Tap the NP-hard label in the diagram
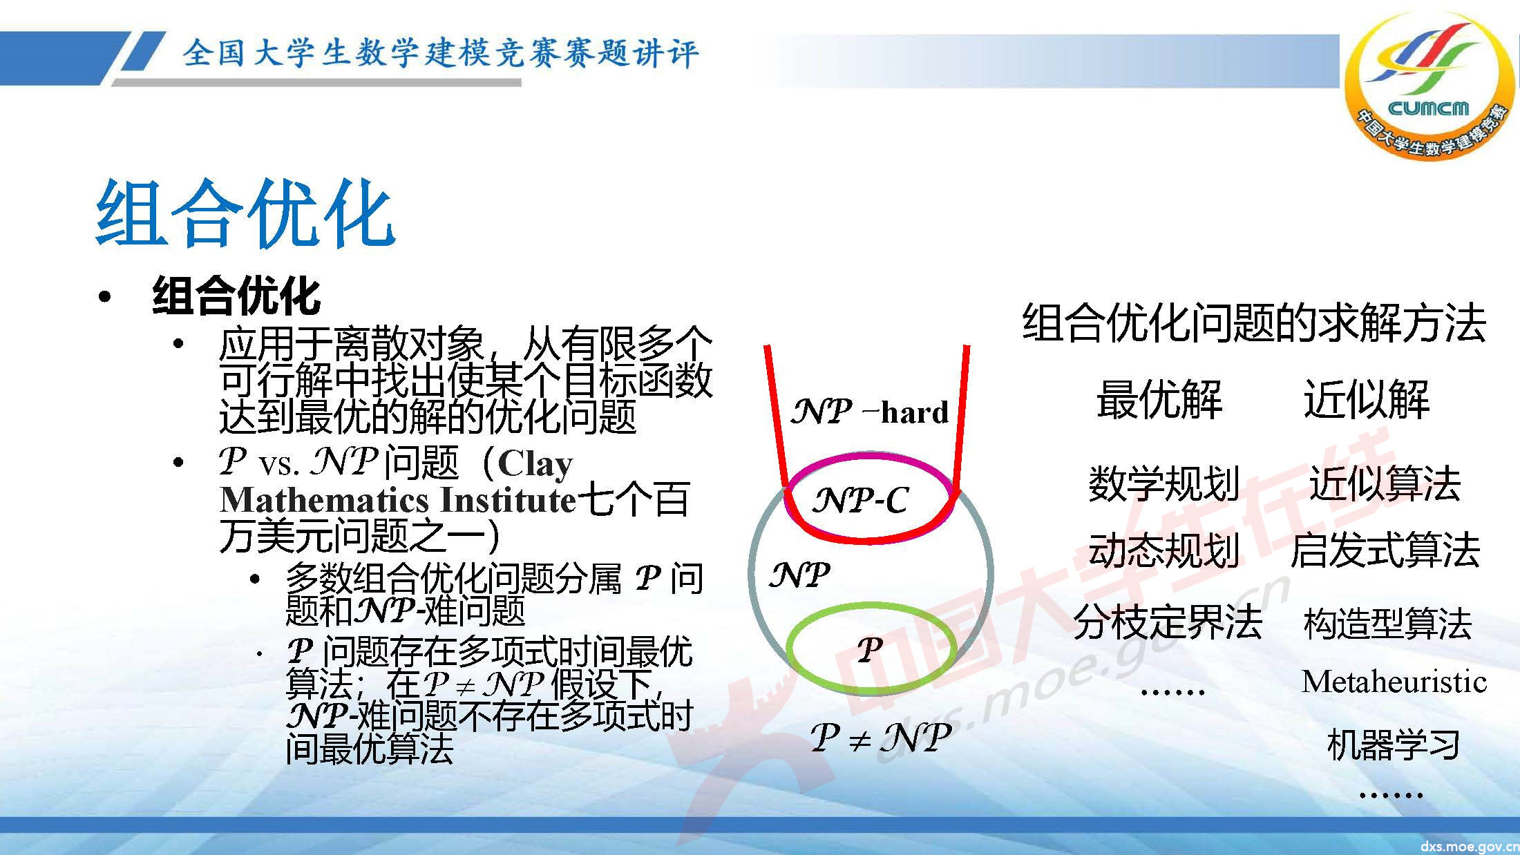pos(869,412)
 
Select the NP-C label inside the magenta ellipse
pos(860,500)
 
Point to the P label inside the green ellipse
pos(870,649)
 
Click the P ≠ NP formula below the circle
pos(881,738)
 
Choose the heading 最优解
pos(1159,400)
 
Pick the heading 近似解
pos(1366,400)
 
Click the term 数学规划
pos(1163,483)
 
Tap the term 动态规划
pos(1163,550)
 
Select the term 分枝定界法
pos(1168,622)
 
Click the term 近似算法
pos(1385,483)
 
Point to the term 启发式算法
pos(1385,550)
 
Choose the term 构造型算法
pos(1387,623)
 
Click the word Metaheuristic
pos(1394,682)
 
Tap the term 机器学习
pos(1394,744)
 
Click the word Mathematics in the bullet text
pos(325,500)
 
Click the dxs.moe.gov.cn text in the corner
pos(1468,846)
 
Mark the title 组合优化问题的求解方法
pos(1254,323)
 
